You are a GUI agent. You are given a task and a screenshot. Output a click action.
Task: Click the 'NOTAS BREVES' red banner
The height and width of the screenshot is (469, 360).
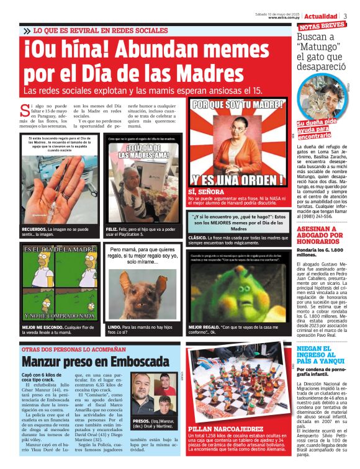(322, 26)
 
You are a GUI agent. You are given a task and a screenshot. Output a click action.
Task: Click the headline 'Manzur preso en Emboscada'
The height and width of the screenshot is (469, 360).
(95, 361)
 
